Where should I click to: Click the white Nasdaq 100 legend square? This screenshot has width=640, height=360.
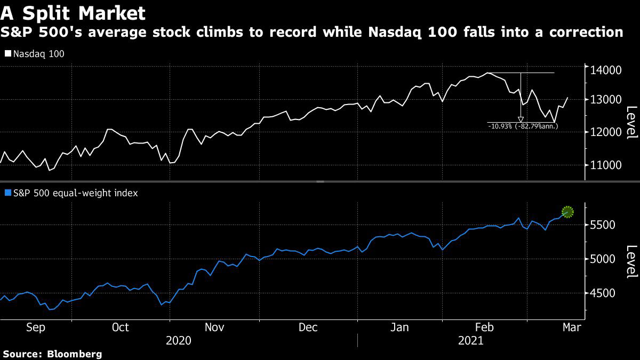(x=7, y=54)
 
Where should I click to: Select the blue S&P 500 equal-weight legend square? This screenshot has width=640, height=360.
(x=7, y=193)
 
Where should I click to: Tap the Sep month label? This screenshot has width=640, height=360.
(x=36, y=327)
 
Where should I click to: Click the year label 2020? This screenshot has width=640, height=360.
(x=178, y=341)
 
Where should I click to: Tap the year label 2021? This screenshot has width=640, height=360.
(x=470, y=341)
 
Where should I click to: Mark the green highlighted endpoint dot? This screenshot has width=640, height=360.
(x=567, y=212)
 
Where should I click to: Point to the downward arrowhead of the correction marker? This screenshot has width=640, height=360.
(x=521, y=119)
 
